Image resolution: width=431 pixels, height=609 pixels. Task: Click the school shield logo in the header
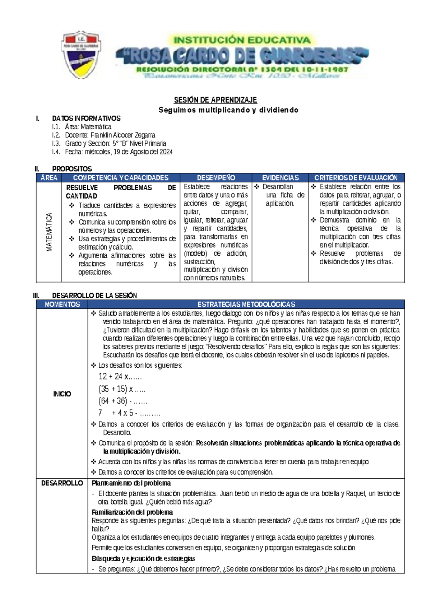pos(82,55)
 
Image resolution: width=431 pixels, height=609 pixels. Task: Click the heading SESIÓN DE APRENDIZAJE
pos(215,100)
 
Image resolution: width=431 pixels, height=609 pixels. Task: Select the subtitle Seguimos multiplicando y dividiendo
pos(228,110)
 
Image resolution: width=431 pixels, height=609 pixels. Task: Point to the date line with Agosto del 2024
pos(119,152)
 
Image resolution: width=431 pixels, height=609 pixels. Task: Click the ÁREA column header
pos(49,178)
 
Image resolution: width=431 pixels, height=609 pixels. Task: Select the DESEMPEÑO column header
pos(216,178)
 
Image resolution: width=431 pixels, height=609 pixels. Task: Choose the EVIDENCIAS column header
pos(280,178)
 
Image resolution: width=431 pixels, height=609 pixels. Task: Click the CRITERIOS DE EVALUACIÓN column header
pos(356,178)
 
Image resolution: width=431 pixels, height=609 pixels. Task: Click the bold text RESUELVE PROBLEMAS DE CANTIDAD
pos(121,192)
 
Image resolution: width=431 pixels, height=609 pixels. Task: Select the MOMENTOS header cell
pos(62,304)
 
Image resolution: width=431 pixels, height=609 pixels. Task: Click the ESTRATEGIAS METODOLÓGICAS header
pos(246,304)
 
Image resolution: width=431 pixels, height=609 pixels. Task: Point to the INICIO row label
pos(62,394)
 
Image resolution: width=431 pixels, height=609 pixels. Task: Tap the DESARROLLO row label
pos(62,483)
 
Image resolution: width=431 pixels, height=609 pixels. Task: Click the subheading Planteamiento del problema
pos(131,483)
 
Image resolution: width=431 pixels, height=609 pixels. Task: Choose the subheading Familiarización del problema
pos(132,512)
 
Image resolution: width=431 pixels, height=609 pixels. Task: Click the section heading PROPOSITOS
pos(72,169)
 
